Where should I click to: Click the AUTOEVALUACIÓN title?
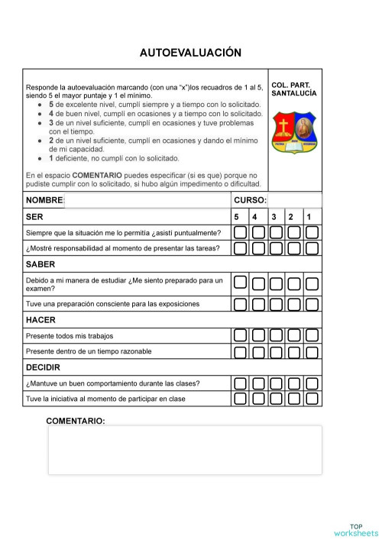coord(190,53)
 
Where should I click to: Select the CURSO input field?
coord(294,200)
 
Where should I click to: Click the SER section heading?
coord(34,217)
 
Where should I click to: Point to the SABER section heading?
coord(40,264)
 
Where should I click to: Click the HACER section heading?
coord(40,320)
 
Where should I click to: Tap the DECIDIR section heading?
coord(44,367)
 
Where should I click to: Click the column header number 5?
coord(238,217)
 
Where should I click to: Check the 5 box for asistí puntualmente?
coord(240,232)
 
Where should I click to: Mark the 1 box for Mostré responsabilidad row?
coord(312,248)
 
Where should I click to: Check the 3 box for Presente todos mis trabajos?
coord(276,335)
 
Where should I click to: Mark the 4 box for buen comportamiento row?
coord(258,383)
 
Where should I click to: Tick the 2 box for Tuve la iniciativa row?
coord(294,399)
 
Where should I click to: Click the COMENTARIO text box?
coord(184,450)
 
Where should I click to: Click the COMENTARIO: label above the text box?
coord(76,421)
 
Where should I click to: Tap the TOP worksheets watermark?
coord(354,529)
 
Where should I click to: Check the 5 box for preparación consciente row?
coord(240,304)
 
